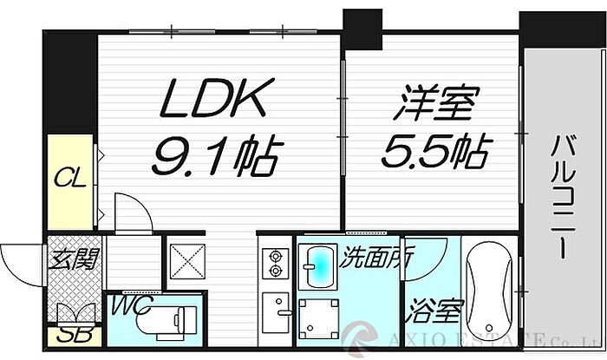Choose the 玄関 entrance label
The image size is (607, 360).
pyautogui.click(x=73, y=259)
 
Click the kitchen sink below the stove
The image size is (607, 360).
pyautogui.click(x=277, y=308)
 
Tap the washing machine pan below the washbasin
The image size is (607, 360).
pyautogui.click(x=319, y=318)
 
